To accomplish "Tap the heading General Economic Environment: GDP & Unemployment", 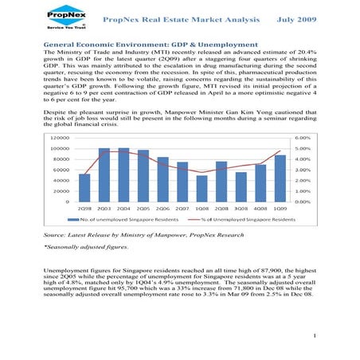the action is pos(151,45).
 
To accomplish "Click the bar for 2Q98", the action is pos(84,187).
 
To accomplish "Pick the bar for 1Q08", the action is pos(202,188).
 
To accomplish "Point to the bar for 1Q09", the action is pos(280,178).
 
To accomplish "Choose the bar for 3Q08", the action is pos(241,186).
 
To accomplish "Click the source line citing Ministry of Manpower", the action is pos(131,237).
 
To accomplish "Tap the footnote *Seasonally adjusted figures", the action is pos(84,248).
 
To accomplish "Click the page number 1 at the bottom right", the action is pos(316,336).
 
